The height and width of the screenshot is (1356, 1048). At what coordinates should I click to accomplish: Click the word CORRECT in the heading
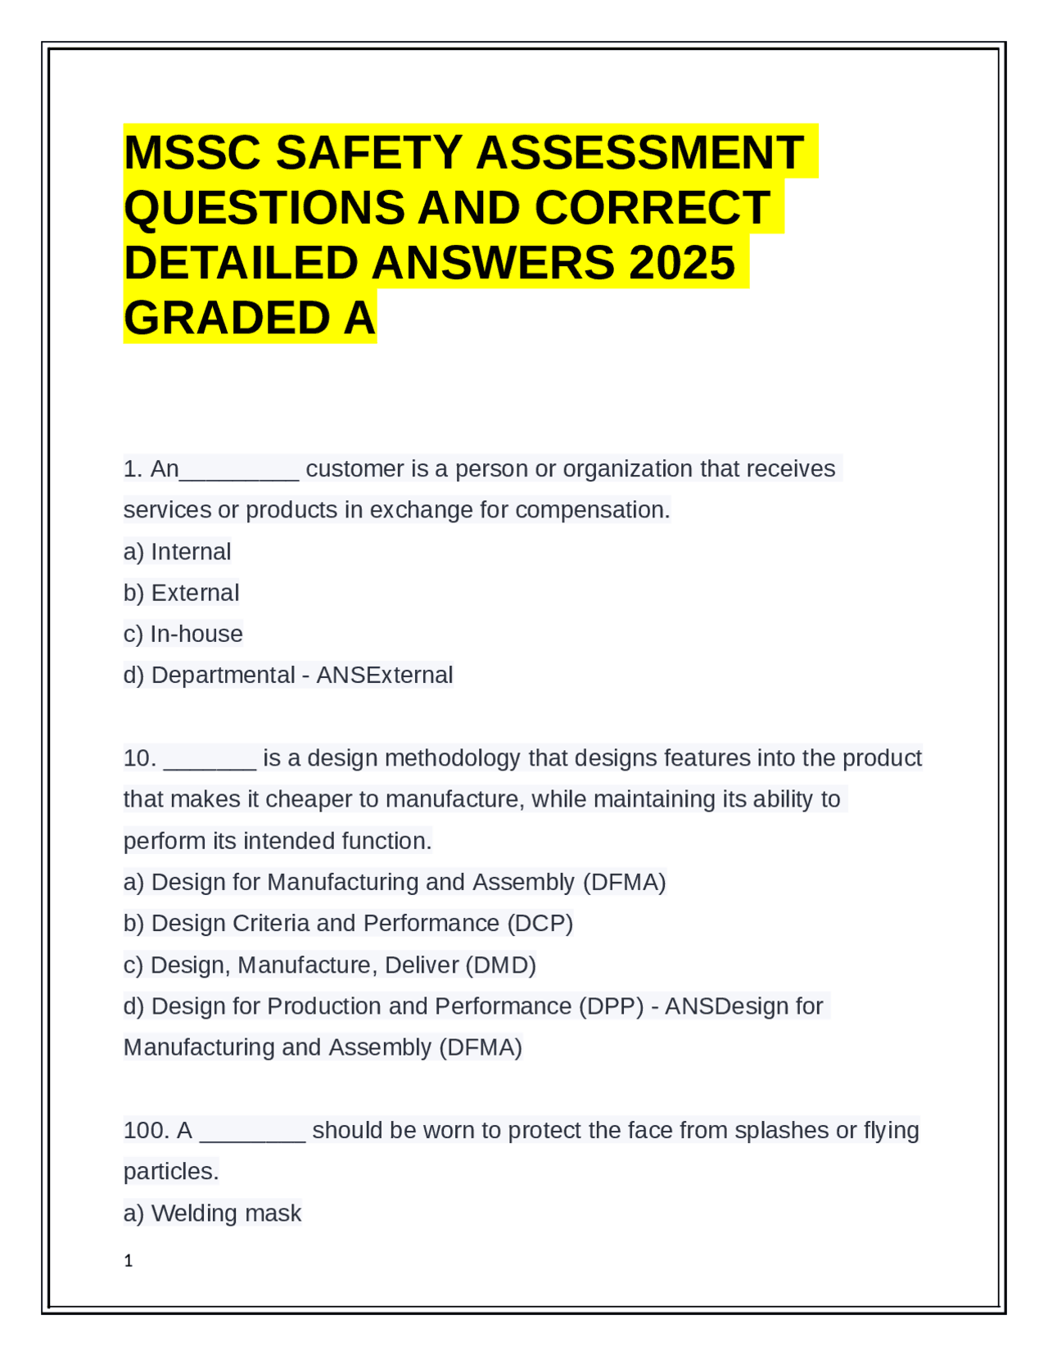(x=652, y=208)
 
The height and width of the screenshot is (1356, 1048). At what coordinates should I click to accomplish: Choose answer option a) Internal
(x=177, y=552)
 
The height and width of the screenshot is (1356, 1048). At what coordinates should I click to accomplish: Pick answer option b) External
(x=181, y=593)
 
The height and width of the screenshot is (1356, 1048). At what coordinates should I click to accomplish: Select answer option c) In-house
(x=183, y=634)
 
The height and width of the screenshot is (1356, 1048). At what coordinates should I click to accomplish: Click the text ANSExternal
(x=384, y=676)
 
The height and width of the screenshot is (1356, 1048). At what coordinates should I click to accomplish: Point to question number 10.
(x=139, y=758)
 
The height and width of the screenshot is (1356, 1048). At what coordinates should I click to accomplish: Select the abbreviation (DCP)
(x=540, y=924)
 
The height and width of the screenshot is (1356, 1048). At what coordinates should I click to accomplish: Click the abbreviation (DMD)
(x=500, y=965)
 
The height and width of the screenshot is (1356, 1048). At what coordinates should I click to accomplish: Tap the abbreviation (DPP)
(x=611, y=1006)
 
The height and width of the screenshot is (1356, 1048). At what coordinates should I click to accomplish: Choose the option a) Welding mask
(x=212, y=1214)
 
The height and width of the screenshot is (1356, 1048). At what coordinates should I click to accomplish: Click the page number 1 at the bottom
(x=128, y=1261)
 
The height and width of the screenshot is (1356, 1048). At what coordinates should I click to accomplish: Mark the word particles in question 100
(x=170, y=1173)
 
